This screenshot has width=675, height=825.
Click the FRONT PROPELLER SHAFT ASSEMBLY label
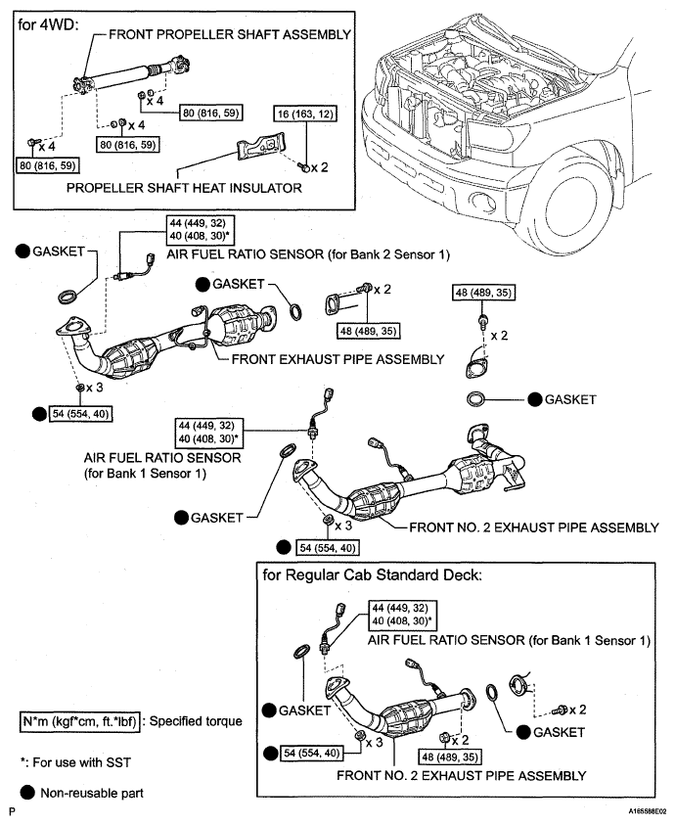click(230, 34)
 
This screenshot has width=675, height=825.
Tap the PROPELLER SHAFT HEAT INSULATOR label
click(184, 188)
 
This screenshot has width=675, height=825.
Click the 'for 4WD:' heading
click(48, 24)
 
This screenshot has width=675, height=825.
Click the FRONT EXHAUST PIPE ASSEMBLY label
click(337, 359)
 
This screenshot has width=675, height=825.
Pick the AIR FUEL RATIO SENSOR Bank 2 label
click(308, 254)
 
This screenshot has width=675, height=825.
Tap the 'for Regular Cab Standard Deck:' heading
click(373, 575)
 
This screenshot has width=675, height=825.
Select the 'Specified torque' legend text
click(197, 721)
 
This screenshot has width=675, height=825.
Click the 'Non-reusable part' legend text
click(92, 793)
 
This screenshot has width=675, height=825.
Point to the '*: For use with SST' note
click(75, 762)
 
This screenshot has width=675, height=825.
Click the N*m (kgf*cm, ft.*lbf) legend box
click(79, 721)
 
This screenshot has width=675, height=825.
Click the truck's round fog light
click(481, 201)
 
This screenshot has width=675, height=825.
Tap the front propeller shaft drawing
click(131, 77)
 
